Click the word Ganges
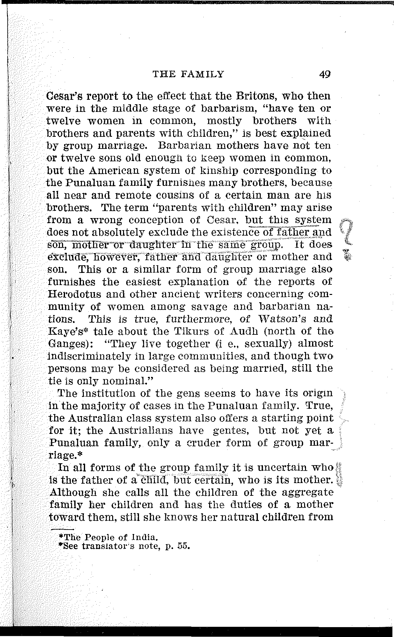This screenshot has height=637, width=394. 66,344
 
